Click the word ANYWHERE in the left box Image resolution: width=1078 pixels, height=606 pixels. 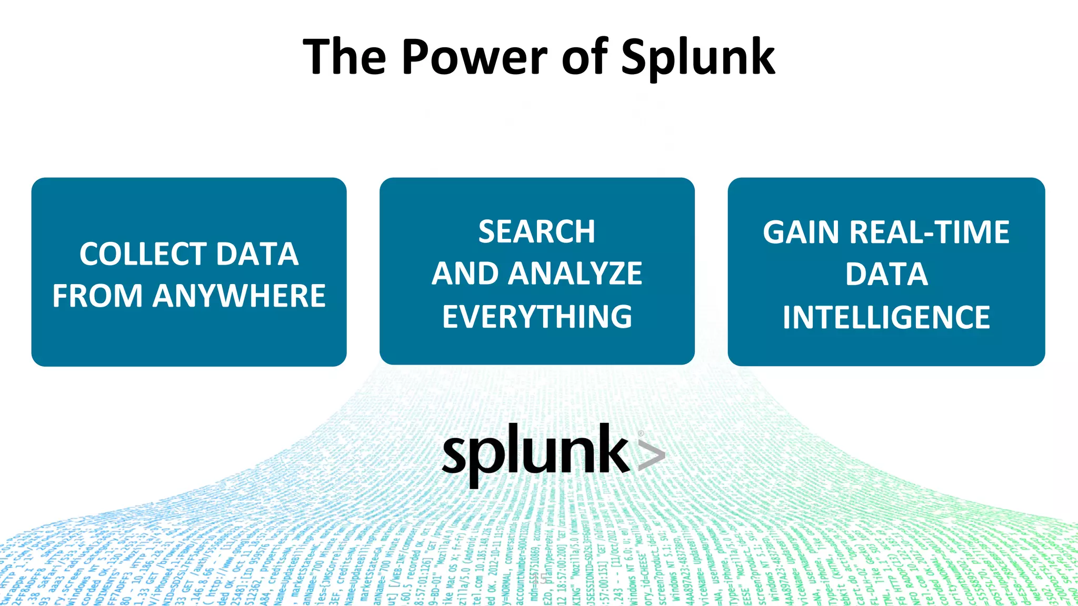tap(239, 296)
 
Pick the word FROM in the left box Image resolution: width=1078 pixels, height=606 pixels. tap(97, 296)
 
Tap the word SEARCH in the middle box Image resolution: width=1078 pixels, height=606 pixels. tap(536, 231)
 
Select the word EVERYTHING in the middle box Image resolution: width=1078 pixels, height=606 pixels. tap(537, 317)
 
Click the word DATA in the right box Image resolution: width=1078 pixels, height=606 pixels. tap(886, 275)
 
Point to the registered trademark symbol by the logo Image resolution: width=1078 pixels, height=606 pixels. tap(641, 433)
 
